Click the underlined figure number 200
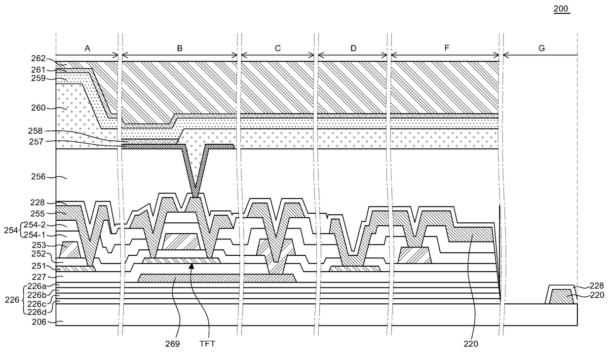(x=562, y=9)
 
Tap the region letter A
(x=87, y=48)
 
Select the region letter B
(x=180, y=48)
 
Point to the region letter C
(x=277, y=48)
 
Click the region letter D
(x=353, y=48)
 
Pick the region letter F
(x=447, y=48)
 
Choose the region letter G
(x=541, y=48)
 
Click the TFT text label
(x=207, y=344)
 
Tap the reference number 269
(x=172, y=344)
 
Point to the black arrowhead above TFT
(x=191, y=266)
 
